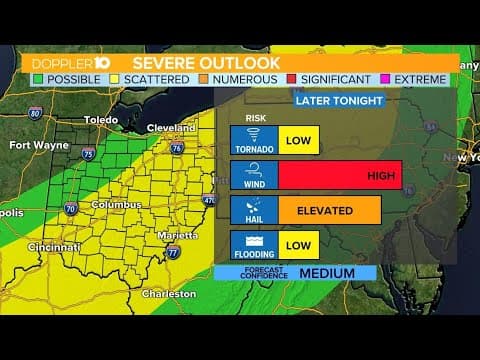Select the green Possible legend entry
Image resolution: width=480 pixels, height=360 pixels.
[x=62, y=78]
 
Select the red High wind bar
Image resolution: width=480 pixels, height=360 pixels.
[x=340, y=176]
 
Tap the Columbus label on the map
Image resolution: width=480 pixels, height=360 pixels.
[x=114, y=204]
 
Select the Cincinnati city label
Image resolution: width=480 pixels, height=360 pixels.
[x=55, y=247]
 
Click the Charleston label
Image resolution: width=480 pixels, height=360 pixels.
[x=168, y=294]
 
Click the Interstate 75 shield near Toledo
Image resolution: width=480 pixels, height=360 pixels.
[x=89, y=154]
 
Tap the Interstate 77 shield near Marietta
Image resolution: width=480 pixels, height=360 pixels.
[x=173, y=252]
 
